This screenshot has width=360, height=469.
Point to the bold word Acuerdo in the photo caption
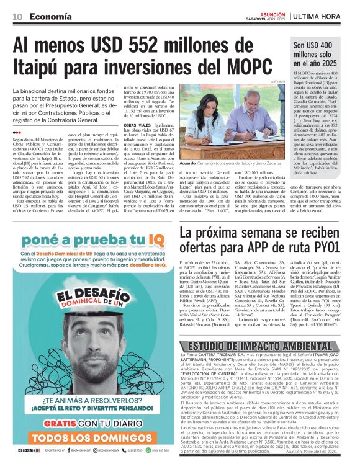(x=187, y=164)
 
